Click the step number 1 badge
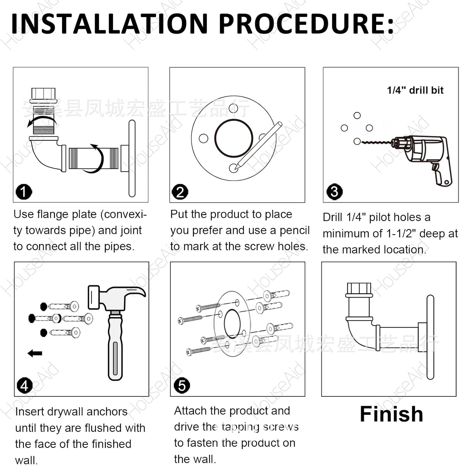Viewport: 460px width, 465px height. [24, 192]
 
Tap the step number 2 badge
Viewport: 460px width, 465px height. [180, 192]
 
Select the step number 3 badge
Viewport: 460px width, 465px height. [334, 192]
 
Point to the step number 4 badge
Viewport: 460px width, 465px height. [24, 385]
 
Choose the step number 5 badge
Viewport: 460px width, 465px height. [182, 385]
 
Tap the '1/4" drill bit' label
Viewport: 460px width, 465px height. [415, 90]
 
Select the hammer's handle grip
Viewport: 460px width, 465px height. [115, 347]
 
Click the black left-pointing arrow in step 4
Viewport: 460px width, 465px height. [35, 353]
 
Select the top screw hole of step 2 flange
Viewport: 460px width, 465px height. [233, 108]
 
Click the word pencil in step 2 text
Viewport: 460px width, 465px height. [294, 230]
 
